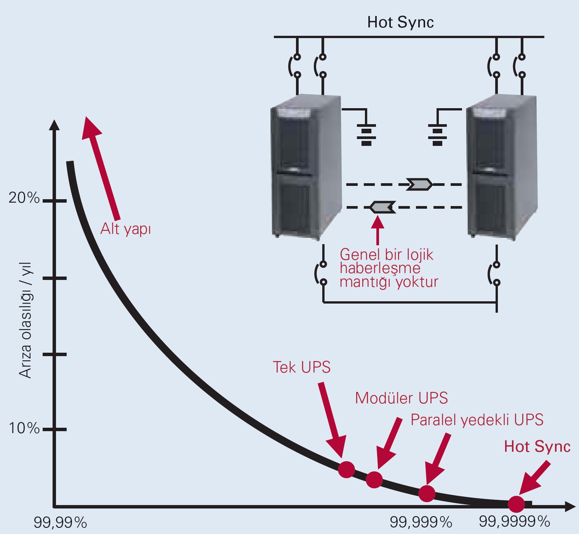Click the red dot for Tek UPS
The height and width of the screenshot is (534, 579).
point(346,469)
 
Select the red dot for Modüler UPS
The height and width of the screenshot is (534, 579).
point(374,480)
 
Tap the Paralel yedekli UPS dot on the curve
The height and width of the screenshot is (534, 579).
point(427,494)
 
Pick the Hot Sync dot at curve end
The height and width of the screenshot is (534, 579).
point(516,504)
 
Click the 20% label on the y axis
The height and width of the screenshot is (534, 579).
point(24,198)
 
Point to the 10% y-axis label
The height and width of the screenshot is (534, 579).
point(24,428)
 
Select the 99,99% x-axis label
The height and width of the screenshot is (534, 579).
point(60,523)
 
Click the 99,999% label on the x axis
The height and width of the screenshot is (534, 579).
point(421,522)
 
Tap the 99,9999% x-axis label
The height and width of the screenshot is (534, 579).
point(515,521)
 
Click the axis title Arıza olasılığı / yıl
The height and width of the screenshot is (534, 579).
point(26,320)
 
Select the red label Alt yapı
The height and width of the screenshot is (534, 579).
point(125,229)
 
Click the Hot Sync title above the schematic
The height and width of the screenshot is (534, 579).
point(400,22)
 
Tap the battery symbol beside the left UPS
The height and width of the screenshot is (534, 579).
point(366,134)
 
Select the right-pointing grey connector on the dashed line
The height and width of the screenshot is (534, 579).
point(419,184)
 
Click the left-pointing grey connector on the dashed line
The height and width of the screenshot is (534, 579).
point(382,207)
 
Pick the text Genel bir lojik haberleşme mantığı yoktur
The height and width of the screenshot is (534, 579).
point(389,268)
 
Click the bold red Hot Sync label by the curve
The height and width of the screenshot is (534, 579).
point(537,447)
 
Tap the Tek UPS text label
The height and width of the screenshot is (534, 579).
point(302,367)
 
